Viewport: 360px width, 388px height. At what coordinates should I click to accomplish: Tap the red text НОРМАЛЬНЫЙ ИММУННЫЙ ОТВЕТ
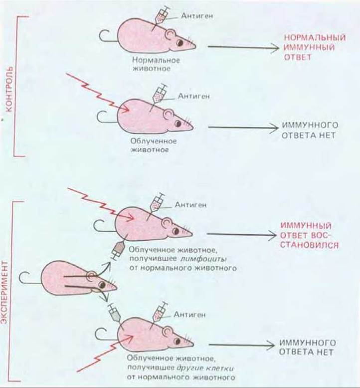[315, 47]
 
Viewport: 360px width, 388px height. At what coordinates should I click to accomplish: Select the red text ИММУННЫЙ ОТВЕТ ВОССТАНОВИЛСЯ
[310, 235]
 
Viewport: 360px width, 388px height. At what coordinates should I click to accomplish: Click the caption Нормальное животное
[156, 64]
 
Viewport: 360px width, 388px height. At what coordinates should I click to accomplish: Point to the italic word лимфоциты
[203, 259]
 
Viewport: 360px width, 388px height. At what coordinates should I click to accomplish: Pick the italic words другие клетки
[205, 368]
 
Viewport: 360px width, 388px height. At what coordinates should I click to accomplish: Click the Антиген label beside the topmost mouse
[197, 16]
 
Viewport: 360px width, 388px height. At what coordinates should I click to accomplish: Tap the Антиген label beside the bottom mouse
[189, 315]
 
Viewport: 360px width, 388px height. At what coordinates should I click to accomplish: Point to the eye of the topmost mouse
[180, 43]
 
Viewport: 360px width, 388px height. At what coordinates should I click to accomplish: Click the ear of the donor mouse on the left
[92, 276]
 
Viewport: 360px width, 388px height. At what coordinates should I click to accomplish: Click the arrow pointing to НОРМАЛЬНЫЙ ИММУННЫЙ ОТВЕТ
[243, 47]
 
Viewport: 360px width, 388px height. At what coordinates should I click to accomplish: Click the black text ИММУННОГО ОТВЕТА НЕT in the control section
[310, 130]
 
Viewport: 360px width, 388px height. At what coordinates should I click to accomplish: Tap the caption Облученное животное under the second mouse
[154, 145]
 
